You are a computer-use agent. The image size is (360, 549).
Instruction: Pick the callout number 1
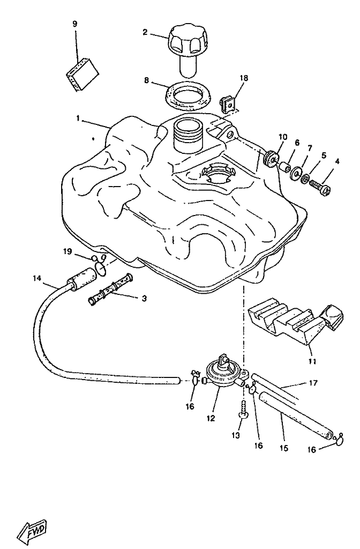[78, 118]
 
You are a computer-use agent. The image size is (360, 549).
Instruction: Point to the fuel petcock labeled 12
[221, 373]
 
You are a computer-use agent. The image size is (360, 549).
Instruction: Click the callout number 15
[283, 448]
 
